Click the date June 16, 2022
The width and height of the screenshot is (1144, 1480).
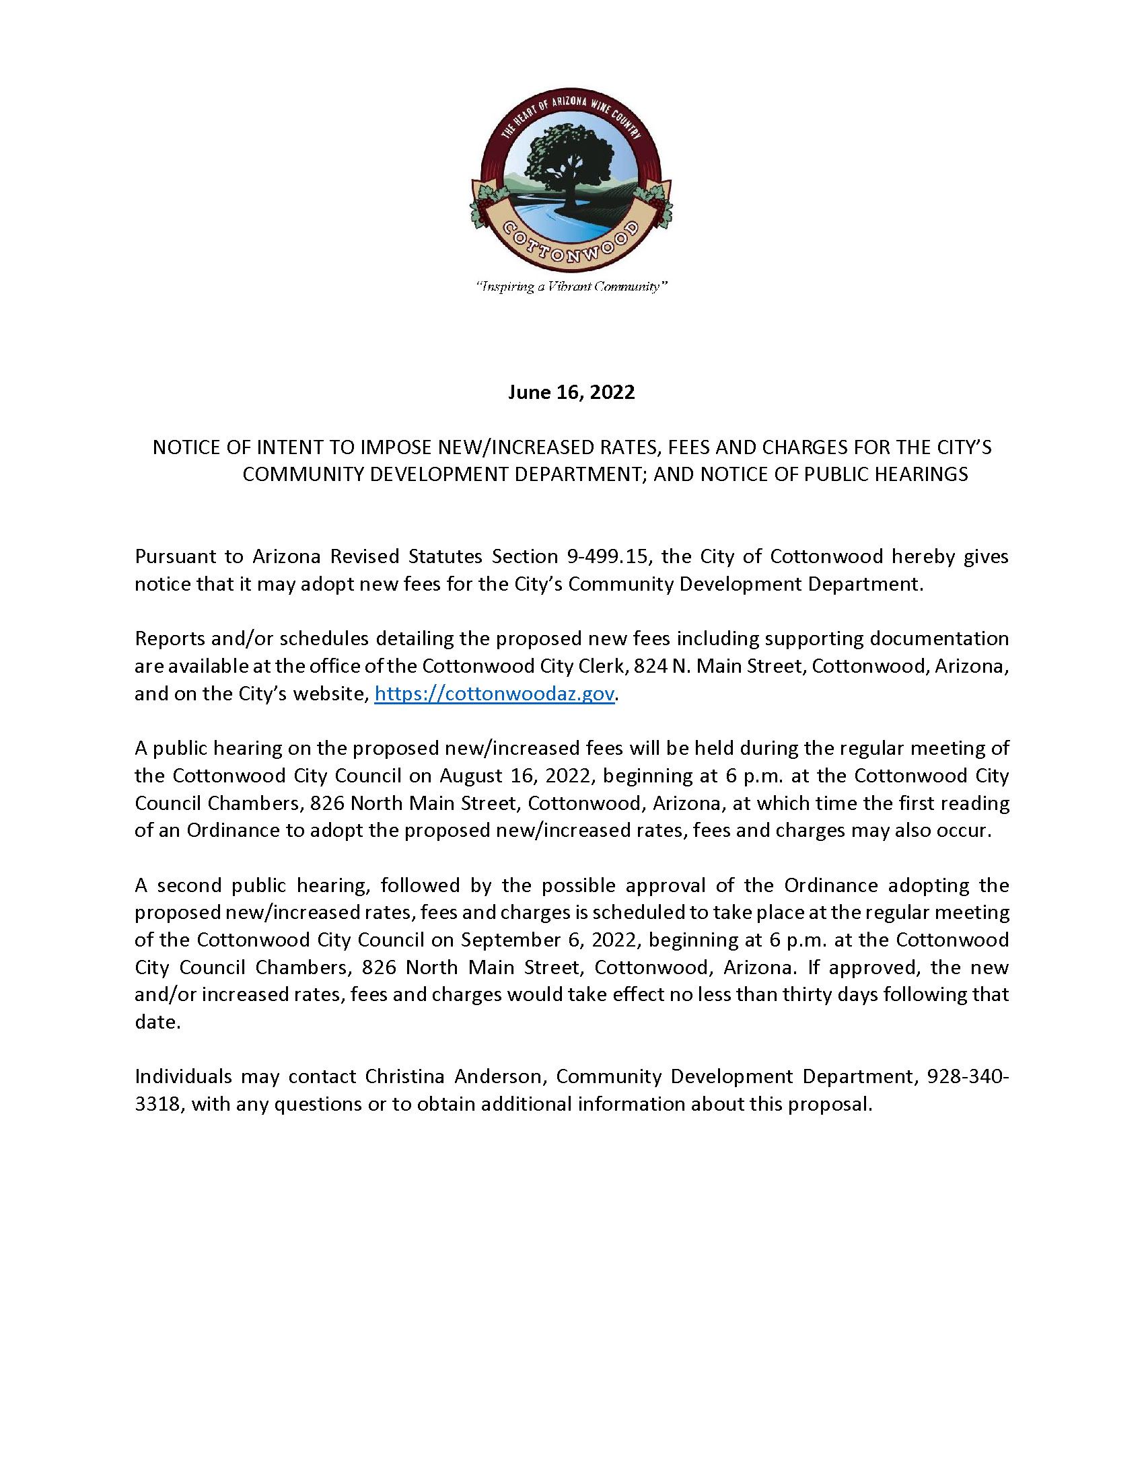[x=571, y=393]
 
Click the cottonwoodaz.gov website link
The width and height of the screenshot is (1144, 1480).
[x=495, y=694]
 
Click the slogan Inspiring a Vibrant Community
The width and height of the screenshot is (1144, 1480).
[x=571, y=287]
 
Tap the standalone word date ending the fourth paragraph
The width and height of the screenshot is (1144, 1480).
[x=156, y=1022]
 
